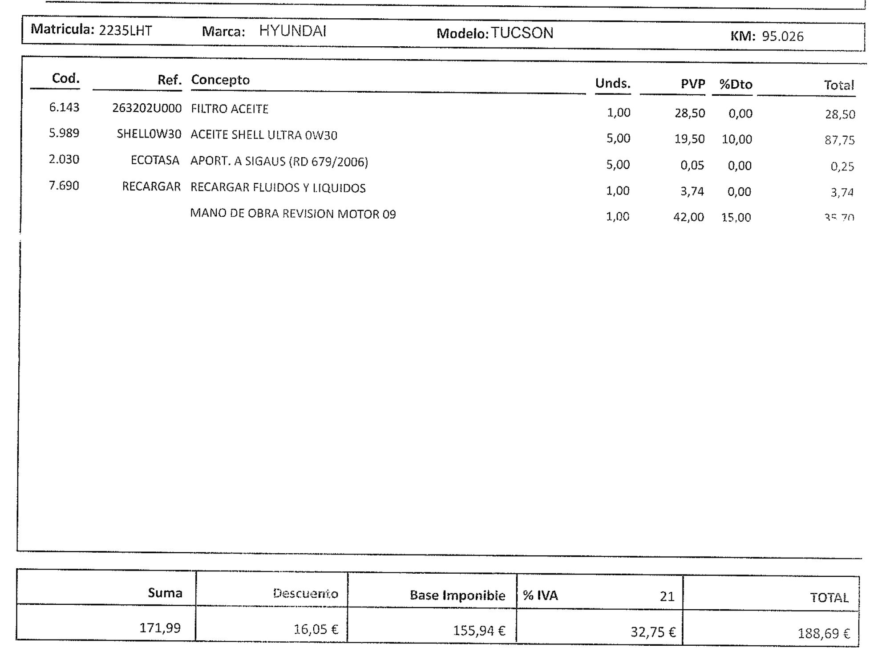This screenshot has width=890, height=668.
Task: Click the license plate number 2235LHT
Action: point(125,31)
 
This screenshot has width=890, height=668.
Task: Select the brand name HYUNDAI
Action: point(293,31)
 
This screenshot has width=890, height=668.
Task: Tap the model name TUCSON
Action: point(522,33)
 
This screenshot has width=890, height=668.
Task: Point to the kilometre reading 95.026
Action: point(782,36)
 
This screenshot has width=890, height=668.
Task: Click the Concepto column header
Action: point(220,80)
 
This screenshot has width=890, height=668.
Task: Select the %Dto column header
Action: point(736,85)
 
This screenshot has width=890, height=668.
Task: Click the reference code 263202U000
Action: point(147,109)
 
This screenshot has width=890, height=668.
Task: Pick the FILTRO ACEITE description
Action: point(230,109)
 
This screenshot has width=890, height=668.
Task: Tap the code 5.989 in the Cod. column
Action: point(64,133)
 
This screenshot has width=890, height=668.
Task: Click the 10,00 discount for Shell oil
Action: point(736,139)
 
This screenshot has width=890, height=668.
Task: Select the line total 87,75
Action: point(839,140)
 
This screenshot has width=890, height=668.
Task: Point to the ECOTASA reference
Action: point(155,160)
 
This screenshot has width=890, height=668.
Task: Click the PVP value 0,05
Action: point(692,166)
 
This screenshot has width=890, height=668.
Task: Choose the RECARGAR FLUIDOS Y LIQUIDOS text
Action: point(278,188)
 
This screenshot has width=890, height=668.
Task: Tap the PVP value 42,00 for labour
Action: point(688,217)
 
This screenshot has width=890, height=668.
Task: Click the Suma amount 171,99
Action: point(160,628)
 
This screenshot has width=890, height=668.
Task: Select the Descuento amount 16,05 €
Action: point(316,629)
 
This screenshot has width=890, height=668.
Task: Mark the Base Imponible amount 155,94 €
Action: point(479,631)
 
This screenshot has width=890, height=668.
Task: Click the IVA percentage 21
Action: point(667,596)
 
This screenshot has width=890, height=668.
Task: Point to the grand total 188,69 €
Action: point(823,633)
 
